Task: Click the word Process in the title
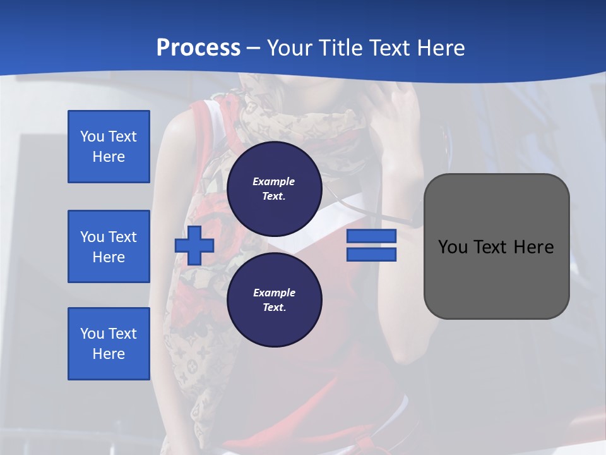[198, 47]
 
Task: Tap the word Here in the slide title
[441, 47]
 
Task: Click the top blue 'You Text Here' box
[109, 147]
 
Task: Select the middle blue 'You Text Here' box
[109, 246]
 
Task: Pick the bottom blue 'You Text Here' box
[109, 344]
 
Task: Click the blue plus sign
[194, 246]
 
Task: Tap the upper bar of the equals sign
[371, 236]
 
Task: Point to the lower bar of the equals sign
[371, 255]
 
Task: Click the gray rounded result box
[496, 278]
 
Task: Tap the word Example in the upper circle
[274, 181]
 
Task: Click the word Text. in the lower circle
[274, 308]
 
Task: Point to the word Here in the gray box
[533, 247]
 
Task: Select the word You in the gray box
[453, 247]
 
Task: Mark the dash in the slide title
[254, 48]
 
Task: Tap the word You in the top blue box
[92, 136]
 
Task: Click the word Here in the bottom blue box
[109, 354]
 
